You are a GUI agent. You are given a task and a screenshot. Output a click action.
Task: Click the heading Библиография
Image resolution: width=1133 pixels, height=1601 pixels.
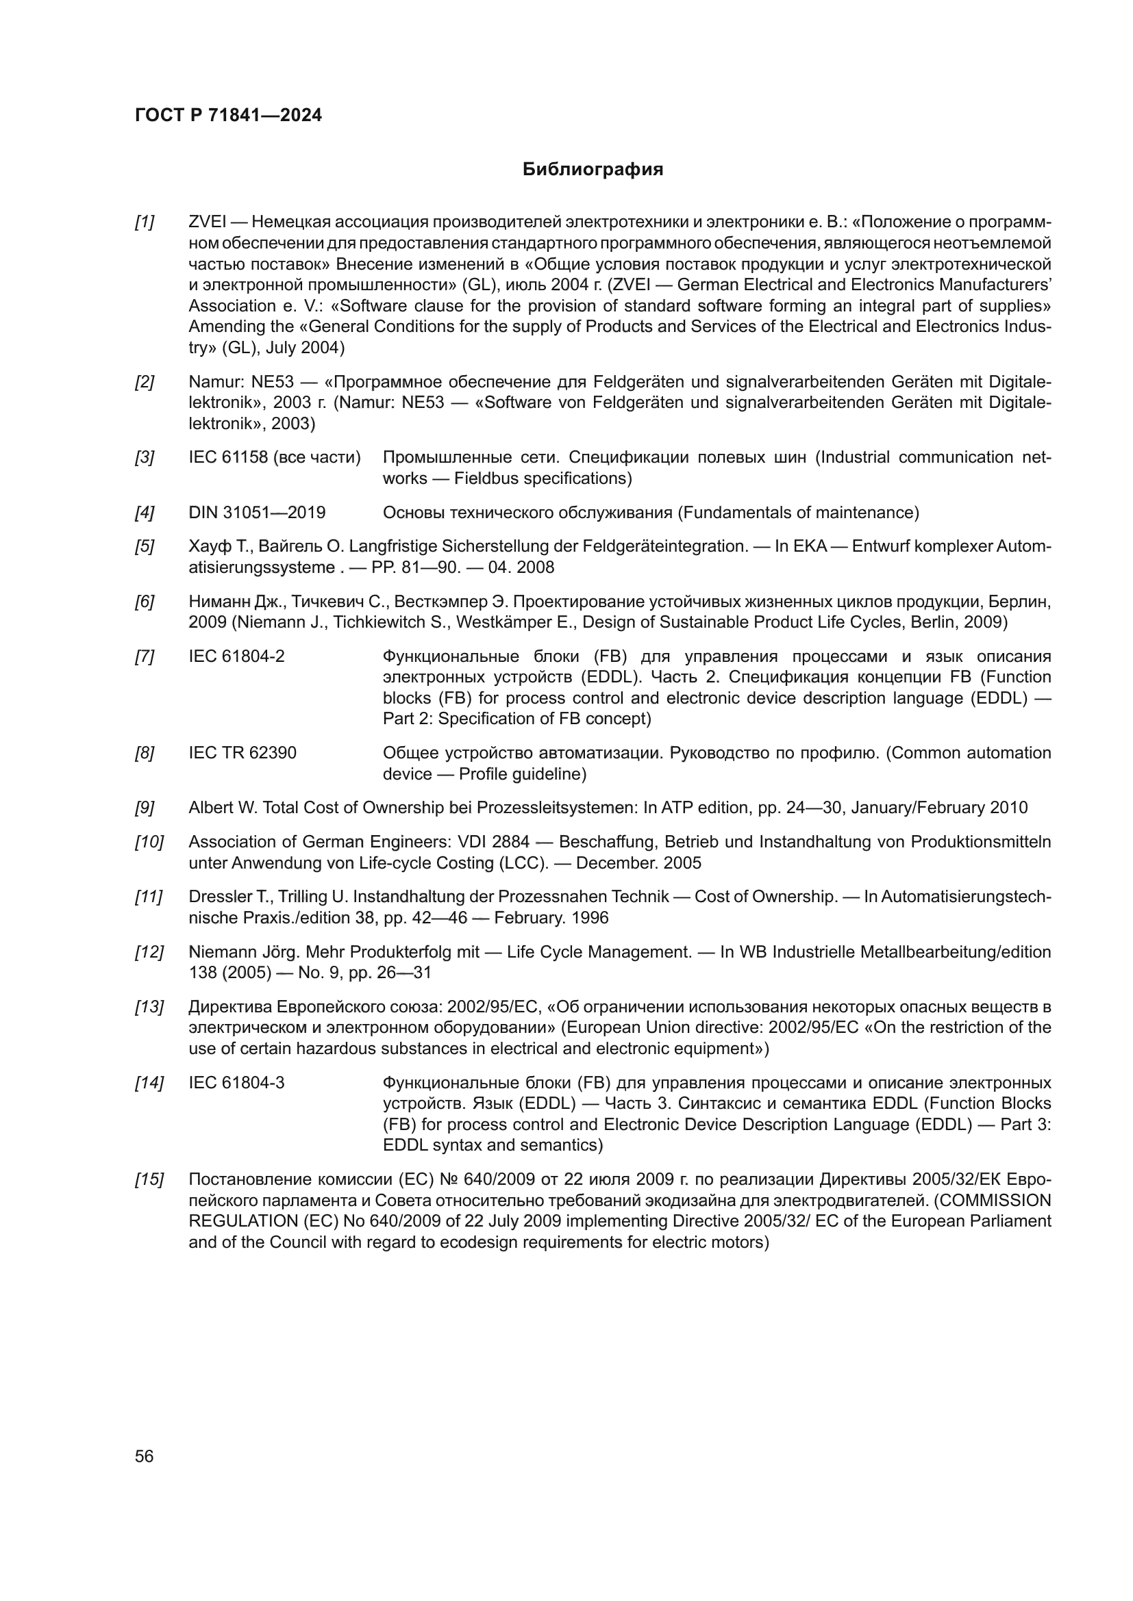click(x=593, y=170)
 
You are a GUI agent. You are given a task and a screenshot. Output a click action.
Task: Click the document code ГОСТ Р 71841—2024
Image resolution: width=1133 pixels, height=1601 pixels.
click(x=228, y=116)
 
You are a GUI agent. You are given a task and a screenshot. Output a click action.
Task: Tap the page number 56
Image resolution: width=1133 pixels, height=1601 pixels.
click(x=144, y=1456)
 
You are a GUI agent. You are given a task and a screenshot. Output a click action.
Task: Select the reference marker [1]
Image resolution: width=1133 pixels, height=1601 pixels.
click(x=145, y=222)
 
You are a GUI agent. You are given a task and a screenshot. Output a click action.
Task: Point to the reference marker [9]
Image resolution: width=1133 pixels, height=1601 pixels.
click(x=145, y=808)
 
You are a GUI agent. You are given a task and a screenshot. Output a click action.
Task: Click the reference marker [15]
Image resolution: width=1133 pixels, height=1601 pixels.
click(x=149, y=1180)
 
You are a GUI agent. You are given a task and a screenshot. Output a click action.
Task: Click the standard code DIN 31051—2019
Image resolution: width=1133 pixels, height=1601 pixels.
click(x=257, y=513)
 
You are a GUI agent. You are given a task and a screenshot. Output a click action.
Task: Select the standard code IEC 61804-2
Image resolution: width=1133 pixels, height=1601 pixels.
click(x=236, y=657)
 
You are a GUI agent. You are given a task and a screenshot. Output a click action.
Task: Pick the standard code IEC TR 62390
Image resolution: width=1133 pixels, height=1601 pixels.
click(x=242, y=753)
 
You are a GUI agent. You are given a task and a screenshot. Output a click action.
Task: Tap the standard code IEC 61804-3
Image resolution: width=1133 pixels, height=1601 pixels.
click(x=236, y=1083)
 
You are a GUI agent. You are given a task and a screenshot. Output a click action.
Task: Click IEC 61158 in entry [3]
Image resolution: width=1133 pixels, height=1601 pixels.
click(x=228, y=458)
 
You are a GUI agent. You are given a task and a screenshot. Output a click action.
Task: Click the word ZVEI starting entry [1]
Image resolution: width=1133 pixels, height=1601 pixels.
click(x=207, y=222)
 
